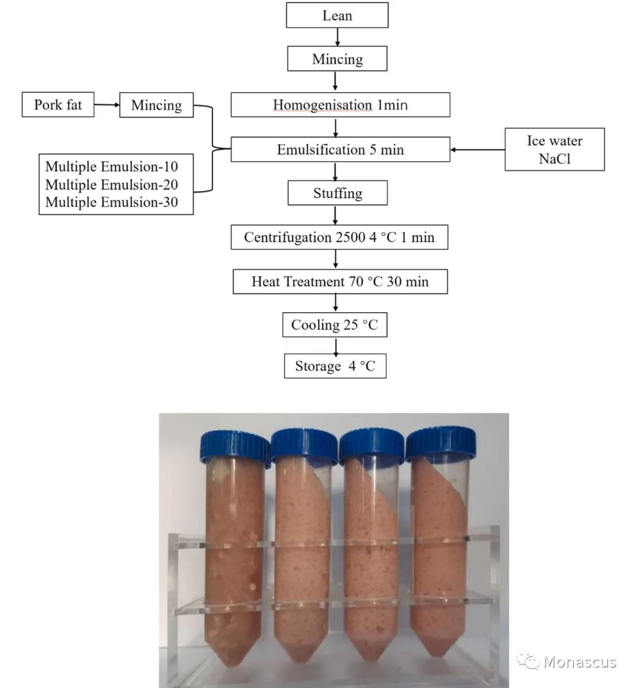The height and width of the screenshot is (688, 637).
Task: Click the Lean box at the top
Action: coord(337,15)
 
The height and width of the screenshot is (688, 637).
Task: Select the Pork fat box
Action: coord(58,104)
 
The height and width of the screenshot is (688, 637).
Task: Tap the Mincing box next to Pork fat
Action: coord(156,105)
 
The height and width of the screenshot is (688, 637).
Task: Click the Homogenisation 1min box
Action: coord(340,105)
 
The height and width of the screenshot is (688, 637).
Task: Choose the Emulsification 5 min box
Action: coord(340,149)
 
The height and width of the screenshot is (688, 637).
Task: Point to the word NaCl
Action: coord(554,158)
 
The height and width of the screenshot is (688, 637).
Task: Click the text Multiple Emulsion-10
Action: coord(111,166)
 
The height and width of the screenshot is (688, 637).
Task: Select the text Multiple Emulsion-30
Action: coord(111,202)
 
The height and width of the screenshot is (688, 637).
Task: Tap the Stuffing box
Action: coord(337,193)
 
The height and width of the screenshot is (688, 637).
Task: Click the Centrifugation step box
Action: coord(339,237)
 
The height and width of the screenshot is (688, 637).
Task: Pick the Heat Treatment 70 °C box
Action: coord(340,281)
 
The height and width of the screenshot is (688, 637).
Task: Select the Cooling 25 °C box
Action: coord(334,325)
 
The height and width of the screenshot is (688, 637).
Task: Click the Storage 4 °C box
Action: coord(335,366)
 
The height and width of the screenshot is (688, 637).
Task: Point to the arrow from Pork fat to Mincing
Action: coord(107,105)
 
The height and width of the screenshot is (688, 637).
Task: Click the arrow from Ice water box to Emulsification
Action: coord(477,150)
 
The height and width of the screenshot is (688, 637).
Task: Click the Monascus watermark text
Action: coord(579,662)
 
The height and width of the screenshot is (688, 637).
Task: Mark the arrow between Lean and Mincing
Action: coord(337,37)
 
